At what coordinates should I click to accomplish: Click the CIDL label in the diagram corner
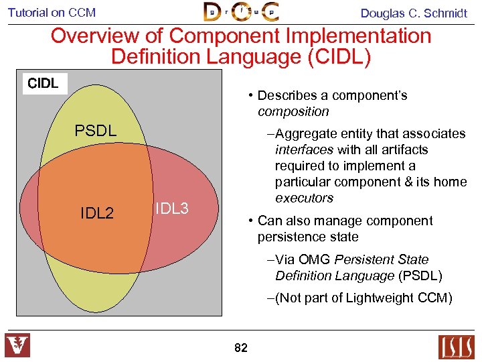tap(44, 84)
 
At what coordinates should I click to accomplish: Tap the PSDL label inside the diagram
tap(96, 131)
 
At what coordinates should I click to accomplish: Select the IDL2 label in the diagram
tap(97, 214)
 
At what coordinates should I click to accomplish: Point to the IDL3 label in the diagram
tap(172, 208)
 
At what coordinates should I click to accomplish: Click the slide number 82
tap(241, 348)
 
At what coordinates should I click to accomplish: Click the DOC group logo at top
tap(241, 12)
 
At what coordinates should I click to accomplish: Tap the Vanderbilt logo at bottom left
tap(17, 346)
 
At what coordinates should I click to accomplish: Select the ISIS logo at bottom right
tap(456, 347)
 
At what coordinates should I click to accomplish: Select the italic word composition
tap(293, 111)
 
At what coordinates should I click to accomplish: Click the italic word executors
tap(304, 198)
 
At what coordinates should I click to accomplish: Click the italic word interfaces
tap(305, 149)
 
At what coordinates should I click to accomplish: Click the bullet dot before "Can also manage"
tap(250, 221)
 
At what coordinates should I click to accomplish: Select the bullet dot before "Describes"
tap(250, 96)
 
